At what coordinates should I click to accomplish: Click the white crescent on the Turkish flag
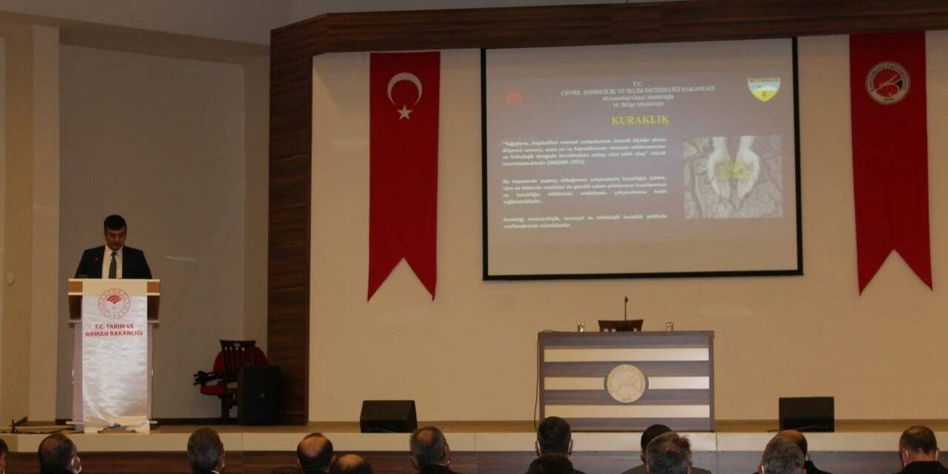click(402, 87)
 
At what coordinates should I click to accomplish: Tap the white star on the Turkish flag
click(404, 112)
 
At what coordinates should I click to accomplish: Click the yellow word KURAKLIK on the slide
click(640, 119)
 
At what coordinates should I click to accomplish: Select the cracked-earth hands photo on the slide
click(732, 176)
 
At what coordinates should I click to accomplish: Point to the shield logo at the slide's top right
click(764, 89)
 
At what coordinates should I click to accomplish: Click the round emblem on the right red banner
click(887, 82)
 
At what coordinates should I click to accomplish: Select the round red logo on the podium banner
click(114, 303)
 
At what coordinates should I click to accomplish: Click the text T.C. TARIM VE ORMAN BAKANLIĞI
click(114, 330)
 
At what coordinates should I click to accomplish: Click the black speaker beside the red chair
click(258, 394)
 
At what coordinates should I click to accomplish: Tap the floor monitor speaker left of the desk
click(388, 415)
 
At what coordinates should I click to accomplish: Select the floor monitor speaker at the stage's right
click(806, 413)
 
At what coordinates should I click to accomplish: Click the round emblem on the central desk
click(626, 383)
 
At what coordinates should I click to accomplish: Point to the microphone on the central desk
click(626, 307)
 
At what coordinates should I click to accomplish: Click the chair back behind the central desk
click(621, 325)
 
